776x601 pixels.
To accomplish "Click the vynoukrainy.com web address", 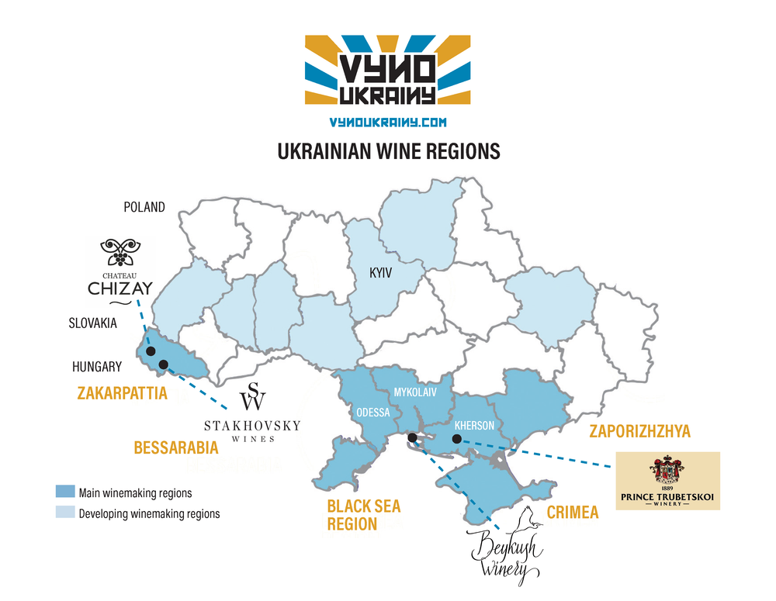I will (x=387, y=123).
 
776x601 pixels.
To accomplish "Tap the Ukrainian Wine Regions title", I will (x=388, y=150).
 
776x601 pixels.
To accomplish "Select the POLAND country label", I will (x=144, y=207).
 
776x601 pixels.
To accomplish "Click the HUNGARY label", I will (x=97, y=367).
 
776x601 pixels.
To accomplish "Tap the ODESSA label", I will (x=372, y=412).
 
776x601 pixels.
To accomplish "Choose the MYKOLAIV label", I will (x=415, y=392).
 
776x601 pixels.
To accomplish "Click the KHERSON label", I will (x=474, y=425).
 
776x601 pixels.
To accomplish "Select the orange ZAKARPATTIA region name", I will (x=122, y=393).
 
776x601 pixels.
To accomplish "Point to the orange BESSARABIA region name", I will (x=175, y=447).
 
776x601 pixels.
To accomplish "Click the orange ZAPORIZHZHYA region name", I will (x=640, y=431).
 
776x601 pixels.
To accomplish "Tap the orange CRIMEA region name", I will (x=573, y=513).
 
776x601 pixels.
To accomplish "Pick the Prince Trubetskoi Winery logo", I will (x=667, y=481).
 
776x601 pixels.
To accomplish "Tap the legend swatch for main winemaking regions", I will (x=65, y=492).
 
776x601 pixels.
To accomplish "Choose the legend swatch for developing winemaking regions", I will (x=65, y=513).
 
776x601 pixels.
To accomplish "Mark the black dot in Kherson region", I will (x=457, y=440).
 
